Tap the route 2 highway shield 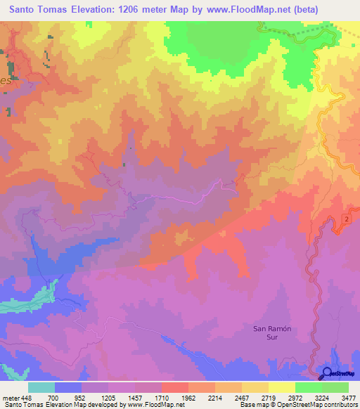(x=347, y=221)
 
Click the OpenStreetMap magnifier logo (x=326, y=375)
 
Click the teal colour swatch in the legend (x=41, y=387)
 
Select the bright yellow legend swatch (x=281, y=387)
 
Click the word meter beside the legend (x=9, y=397)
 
